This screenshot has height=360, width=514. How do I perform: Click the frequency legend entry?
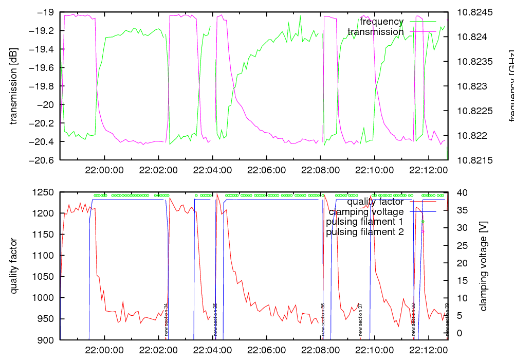click(x=382, y=22)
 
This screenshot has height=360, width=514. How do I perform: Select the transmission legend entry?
click(x=376, y=32)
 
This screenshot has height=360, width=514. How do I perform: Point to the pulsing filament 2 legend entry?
click(x=365, y=232)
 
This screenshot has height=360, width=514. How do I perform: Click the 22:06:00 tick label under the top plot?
click(x=266, y=170)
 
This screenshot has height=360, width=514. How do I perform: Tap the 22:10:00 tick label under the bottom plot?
click(x=374, y=350)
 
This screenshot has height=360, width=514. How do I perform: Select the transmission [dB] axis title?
click(x=13, y=86)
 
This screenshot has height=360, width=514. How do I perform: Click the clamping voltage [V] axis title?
click(x=483, y=266)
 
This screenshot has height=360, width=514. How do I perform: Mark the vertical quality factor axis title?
click(x=13, y=266)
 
